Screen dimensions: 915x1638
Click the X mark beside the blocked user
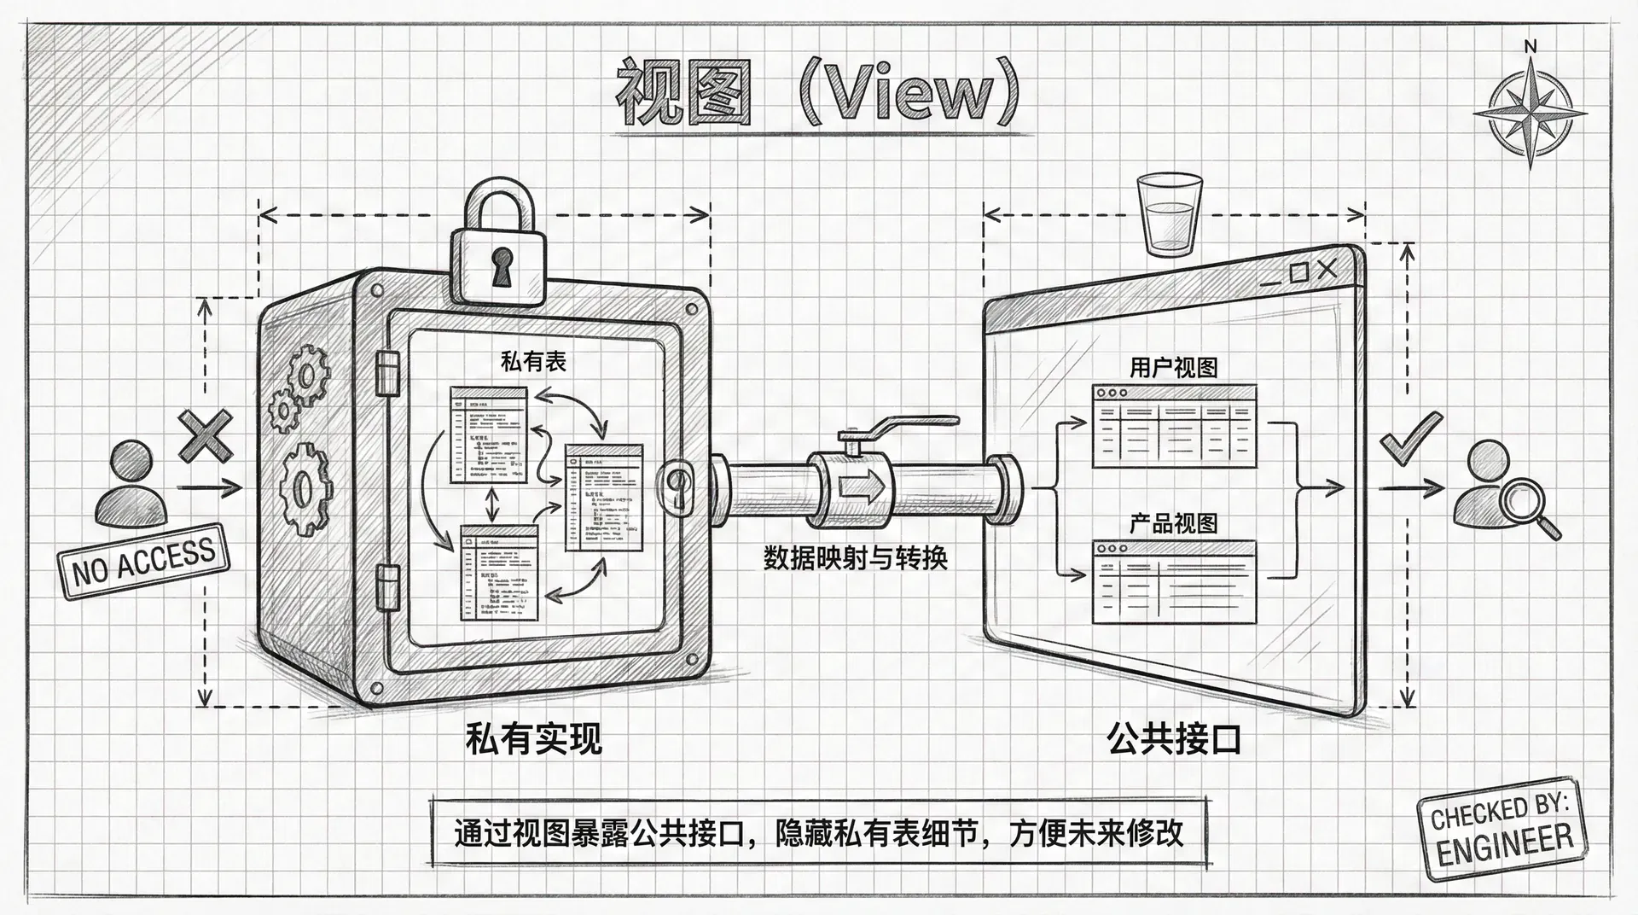(x=205, y=435)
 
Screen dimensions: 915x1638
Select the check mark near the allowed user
(x=1410, y=439)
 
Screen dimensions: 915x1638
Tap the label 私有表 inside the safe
(x=533, y=362)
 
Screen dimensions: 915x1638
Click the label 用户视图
(x=1173, y=368)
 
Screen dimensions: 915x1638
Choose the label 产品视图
(x=1173, y=522)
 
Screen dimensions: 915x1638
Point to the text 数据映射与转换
(x=855, y=558)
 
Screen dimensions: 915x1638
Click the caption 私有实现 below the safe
(x=533, y=737)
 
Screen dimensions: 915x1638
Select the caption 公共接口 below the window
(x=1174, y=737)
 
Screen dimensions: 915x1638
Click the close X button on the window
(x=1327, y=271)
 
